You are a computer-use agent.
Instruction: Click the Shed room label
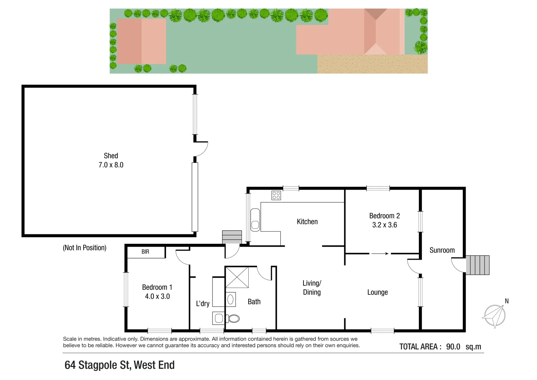point(111,156)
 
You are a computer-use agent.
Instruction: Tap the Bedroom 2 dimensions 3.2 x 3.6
point(384,225)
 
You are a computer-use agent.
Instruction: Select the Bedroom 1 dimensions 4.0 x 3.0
point(157,297)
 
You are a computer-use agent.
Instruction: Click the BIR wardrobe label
point(145,252)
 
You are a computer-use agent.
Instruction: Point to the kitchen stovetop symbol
point(276,195)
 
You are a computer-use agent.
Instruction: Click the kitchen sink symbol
point(255,220)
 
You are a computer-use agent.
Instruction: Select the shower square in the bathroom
point(237,277)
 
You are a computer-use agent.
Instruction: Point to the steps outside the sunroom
point(478,265)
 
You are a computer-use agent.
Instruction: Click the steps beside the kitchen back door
point(232,237)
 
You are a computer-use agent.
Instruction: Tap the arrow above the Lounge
point(380,253)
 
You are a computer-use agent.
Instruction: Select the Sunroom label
point(442,250)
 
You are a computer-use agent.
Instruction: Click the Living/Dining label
point(312,287)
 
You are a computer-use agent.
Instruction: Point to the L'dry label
point(203,303)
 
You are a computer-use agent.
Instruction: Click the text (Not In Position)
point(84,248)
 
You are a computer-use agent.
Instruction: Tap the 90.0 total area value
point(453,347)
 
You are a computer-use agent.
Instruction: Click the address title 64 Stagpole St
point(120,365)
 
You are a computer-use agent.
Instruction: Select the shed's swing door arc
point(202,149)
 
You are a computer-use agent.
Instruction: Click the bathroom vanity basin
point(230,299)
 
